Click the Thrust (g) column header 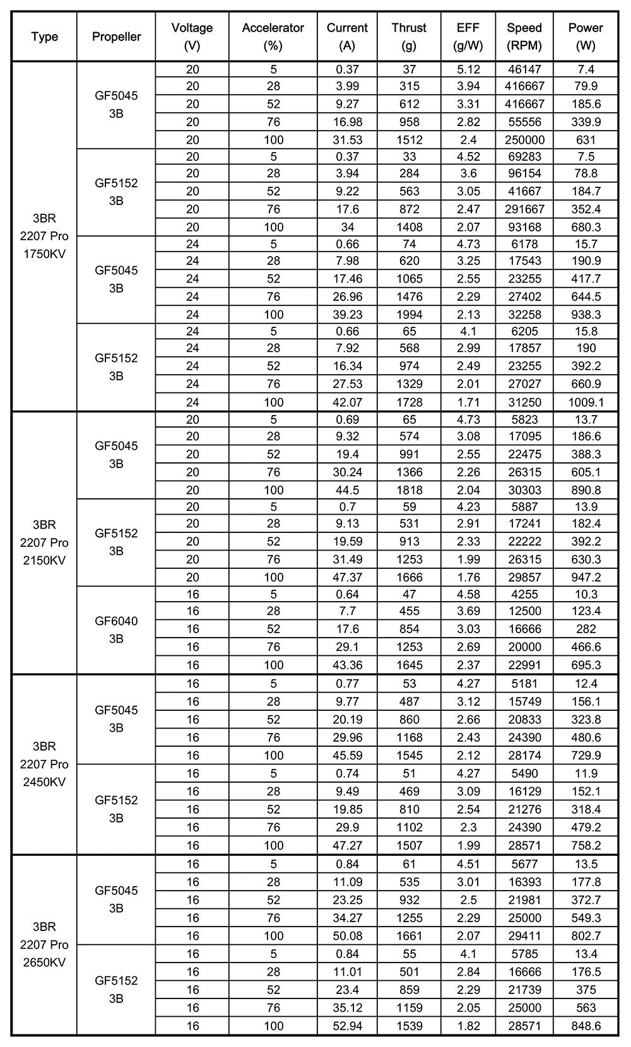(x=409, y=37)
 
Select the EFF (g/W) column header (x=468, y=37)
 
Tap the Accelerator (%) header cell (x=273, y=37)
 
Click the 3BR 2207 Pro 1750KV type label (x=44, y=237)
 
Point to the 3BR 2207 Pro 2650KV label (x=44, y=944)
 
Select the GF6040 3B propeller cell (x=116, y=629)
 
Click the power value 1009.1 (x=586, y=402)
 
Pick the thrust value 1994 (x=409, y=314)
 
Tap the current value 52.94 (x=347, y=1026)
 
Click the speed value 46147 (x=524, y=69)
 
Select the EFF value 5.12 (x=468, y=69)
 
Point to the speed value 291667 (x=524, y=209)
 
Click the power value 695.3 (x=586, y=665)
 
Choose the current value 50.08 (x=347, y=935)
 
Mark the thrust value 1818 (x=409, y=490)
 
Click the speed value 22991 (x=524, y=665)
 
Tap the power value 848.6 (x=586, y=1026)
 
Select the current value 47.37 (x=347, y=577)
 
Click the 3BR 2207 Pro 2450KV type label (x=44, y=764)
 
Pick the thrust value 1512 (x=409, y=139)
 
